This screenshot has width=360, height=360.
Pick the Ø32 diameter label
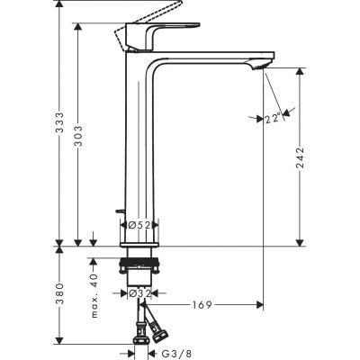pos(140,293)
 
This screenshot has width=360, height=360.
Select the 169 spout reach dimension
pos(203,304)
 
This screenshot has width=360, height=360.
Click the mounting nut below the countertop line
pos(140,266)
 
